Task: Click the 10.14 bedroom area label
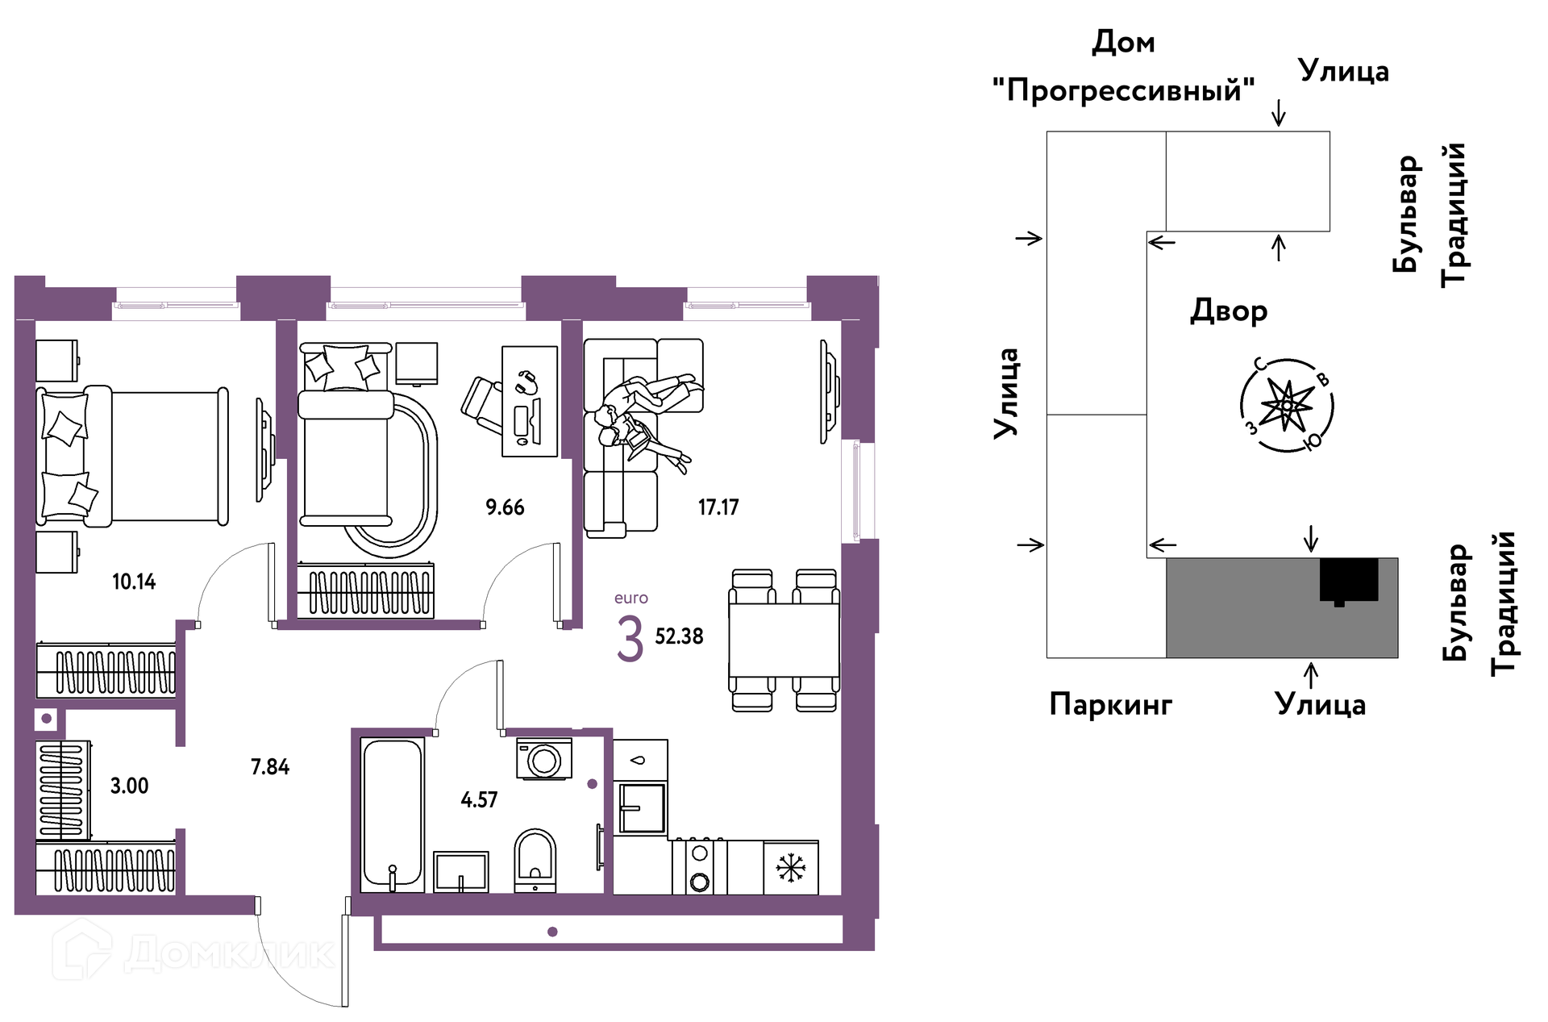click(134, 582)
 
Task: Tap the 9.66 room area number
click(505, 507)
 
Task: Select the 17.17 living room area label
click(718, 507)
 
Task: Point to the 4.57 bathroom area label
click(479, 799)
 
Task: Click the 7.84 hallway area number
click(270, 766)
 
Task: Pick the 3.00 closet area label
click(130, 786)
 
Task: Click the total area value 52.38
click(679, 636)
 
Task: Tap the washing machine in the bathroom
click(544, 759)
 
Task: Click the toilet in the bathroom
click(535, 860)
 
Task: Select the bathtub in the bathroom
click(392, 814)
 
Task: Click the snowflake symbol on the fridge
click(791, 869)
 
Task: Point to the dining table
click(784, 640)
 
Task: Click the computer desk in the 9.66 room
click(530, 402)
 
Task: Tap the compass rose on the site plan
click(1287, 405)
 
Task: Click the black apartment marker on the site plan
click(1349, 581)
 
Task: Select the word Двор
click(1229, 311)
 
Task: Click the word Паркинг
click(1111, 705)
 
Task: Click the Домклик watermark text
click(230, 954)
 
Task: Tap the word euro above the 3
click(631, 599)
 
